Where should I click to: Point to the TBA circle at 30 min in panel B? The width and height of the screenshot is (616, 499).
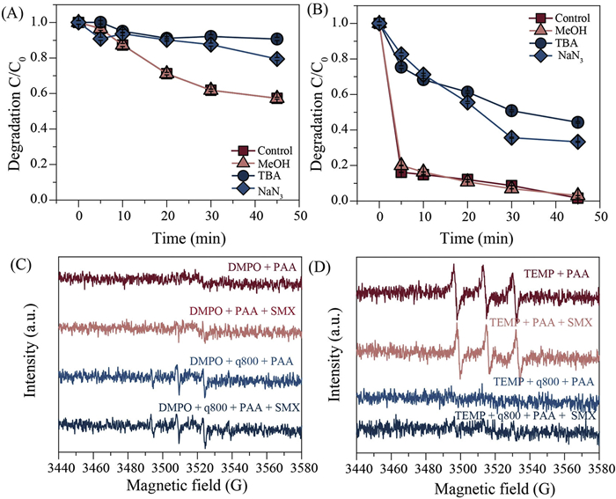tap(511, 110)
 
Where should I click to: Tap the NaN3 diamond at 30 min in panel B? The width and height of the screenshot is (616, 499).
tap(511, 137)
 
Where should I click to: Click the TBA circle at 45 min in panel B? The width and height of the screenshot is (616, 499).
tap(577, 122)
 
